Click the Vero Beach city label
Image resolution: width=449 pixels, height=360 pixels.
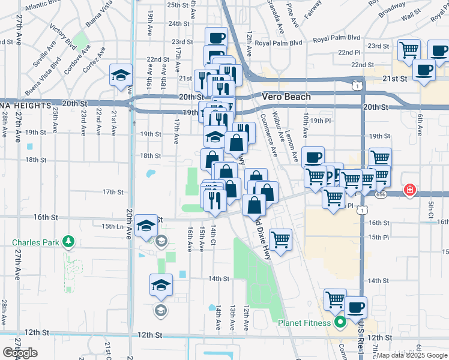tap(286, 97)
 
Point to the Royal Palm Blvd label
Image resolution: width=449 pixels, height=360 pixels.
tap(279, 43)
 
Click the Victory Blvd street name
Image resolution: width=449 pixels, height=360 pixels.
tap(63, 37)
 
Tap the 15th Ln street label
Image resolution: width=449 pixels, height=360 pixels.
tap(112, 226)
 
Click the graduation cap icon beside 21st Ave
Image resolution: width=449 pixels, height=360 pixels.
tap(121, 75)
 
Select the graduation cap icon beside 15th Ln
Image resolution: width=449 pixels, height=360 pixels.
tap(146, 225)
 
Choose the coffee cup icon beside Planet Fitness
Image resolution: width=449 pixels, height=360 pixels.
tap(355, 307)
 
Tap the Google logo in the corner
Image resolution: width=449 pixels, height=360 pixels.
tap(21, 353)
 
